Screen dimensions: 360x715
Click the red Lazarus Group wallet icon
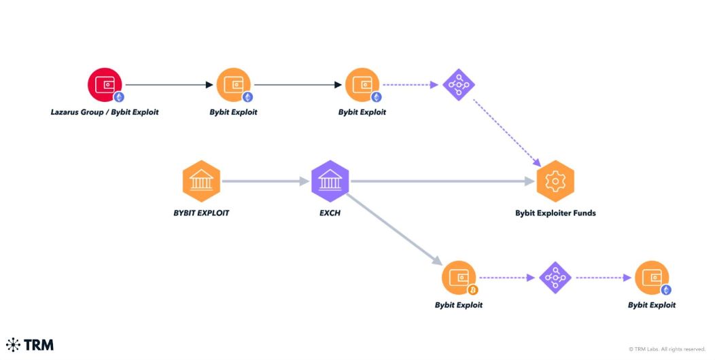pyautogui.click(x=105, y=86)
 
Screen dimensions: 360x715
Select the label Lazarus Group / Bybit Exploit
pyautogui.click(x=105, y=112)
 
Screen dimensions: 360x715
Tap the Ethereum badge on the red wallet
pyautogui.click(x=119, y=97)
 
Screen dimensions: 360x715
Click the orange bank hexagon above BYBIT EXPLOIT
pyautogui.click(x=201, y=181)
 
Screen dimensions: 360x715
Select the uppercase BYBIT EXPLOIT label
pyautogui.click(x=201, y=213)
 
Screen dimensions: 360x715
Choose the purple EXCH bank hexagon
pyautogui.click(x=330, y=181)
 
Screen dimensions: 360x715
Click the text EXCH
pyautogui.click(x=330, y=213)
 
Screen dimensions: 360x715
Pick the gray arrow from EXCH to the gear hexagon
pyautogui.click(x=442, y=181)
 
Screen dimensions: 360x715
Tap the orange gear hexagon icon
pyautogui.click(x=555, y=181)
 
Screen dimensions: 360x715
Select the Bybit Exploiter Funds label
pyautogui.click(x=555, y=213)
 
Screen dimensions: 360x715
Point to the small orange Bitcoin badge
pyautogui.click(x=473, y=290)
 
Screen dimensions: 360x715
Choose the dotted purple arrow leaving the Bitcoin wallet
pyautogui.click(x=506, y=278)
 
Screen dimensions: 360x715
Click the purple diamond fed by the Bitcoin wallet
pyautogui.click(x=555, y=277)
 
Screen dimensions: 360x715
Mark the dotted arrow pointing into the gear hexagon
pyautogui.click(x=506, y=133)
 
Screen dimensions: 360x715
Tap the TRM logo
pyautogui.click(x=30, y=344)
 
